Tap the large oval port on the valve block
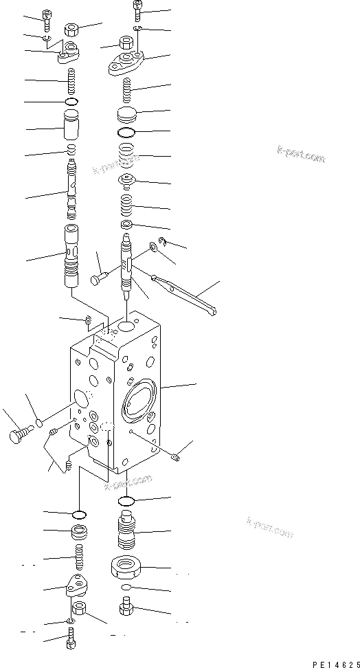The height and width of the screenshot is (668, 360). click(x=139, y=400)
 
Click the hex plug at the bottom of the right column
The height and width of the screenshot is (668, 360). click(x=126, y=608)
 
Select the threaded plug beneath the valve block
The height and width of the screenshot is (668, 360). click(x=126, y=530)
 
